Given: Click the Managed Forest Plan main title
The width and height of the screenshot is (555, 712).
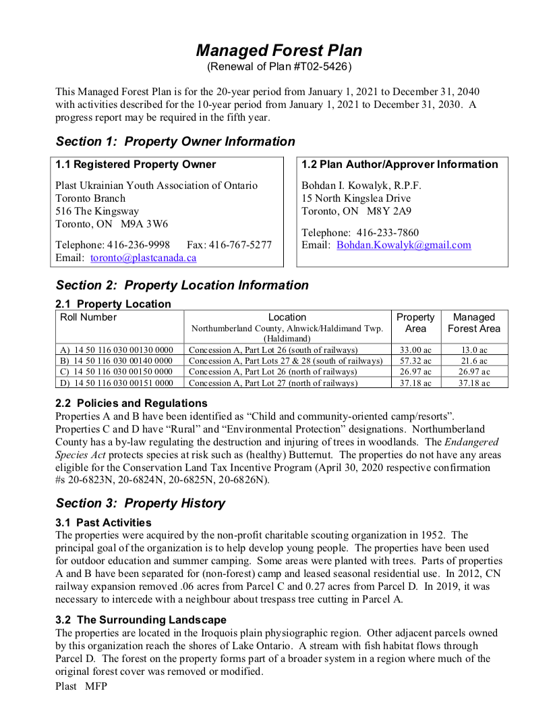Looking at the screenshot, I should (279, 51).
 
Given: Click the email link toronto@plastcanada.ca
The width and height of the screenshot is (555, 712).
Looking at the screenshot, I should (143, 258).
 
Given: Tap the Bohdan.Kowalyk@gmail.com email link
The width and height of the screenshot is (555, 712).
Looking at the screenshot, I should (404, 245).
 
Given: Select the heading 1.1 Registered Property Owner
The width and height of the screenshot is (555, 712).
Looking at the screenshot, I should (136, 165).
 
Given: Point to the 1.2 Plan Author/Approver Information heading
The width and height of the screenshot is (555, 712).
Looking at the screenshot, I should (400, 165).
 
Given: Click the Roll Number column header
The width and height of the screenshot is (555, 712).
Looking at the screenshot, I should (88, 317).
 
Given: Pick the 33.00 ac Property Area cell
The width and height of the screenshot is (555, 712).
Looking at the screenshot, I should (415, 350).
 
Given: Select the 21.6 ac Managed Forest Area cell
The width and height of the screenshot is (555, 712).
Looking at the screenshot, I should (473, 361).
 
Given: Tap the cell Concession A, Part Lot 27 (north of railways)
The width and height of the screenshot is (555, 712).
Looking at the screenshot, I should (273, 383).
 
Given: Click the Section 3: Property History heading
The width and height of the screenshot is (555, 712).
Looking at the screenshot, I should (140, 503).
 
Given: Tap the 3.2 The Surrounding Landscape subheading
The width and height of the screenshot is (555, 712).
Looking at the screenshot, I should (141, 620).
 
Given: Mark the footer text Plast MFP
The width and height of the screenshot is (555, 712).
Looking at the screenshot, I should (81, 686).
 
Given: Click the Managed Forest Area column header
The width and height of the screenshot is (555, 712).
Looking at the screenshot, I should (473, 323).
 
